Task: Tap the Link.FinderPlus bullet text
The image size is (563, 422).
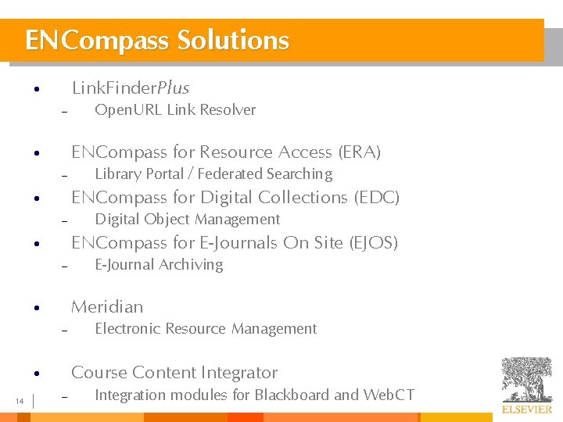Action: (130, 88)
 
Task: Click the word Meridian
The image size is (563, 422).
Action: (107, 307)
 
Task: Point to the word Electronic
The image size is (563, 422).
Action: (128, 329)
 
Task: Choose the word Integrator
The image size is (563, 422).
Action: (239, 373)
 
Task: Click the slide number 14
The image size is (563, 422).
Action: (20, 402)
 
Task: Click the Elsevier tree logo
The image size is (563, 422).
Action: (527, 378)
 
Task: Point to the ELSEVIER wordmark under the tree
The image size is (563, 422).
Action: (527, 409)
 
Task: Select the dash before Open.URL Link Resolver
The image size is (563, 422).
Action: (65, 112)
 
